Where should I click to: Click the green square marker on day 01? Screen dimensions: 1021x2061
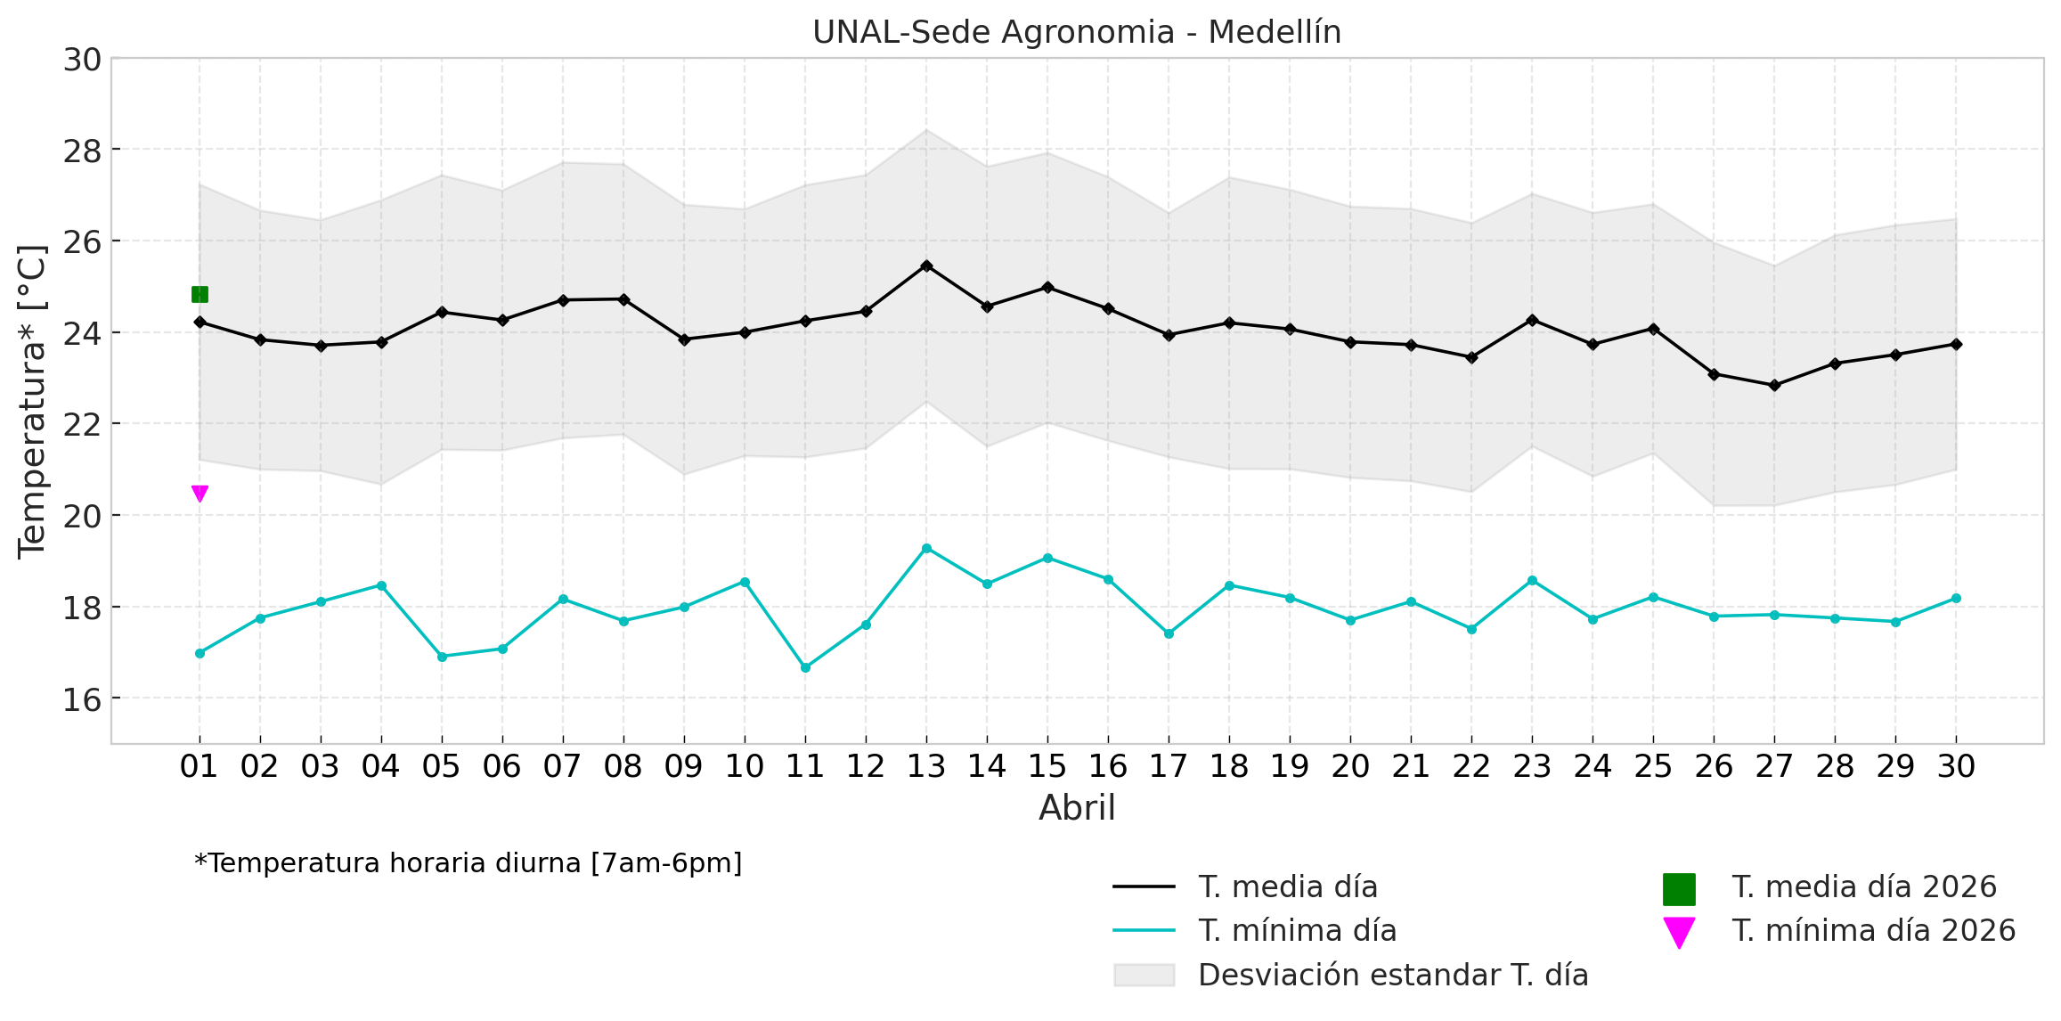tap(200, 294)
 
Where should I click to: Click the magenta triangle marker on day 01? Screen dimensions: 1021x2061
tap(200, 494)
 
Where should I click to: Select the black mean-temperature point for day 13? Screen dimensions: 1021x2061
tap(926, 265)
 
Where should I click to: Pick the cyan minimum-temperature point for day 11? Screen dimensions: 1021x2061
tap(805, 667)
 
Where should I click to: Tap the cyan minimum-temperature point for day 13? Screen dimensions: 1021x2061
tap(926, 548)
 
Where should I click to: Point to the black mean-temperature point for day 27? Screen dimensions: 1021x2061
tap(1774, 386)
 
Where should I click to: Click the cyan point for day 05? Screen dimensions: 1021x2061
tap(442, 657)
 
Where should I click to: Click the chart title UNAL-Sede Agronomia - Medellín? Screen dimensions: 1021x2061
tap(1076, 33)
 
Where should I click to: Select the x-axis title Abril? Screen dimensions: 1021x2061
tap(1076, 808)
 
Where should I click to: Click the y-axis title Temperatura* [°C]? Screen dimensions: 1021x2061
tap(32, 401)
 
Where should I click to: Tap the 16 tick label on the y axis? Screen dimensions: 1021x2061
tap(81, 700)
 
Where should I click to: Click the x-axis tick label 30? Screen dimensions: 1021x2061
tap(1956, 766)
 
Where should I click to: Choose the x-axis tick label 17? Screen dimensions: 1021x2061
tap(1169, 766)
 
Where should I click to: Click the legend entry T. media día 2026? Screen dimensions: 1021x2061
tap(1864, 887)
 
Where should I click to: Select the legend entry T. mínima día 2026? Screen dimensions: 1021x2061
tap(1873, 931)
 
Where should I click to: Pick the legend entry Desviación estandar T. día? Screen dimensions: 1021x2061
tap(1393, 976)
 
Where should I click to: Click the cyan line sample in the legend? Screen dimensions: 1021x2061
tap(1144, 931)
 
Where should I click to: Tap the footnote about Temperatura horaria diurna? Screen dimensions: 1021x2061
tap(468, 863)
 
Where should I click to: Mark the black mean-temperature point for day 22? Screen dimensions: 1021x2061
tap(1471, 357)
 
